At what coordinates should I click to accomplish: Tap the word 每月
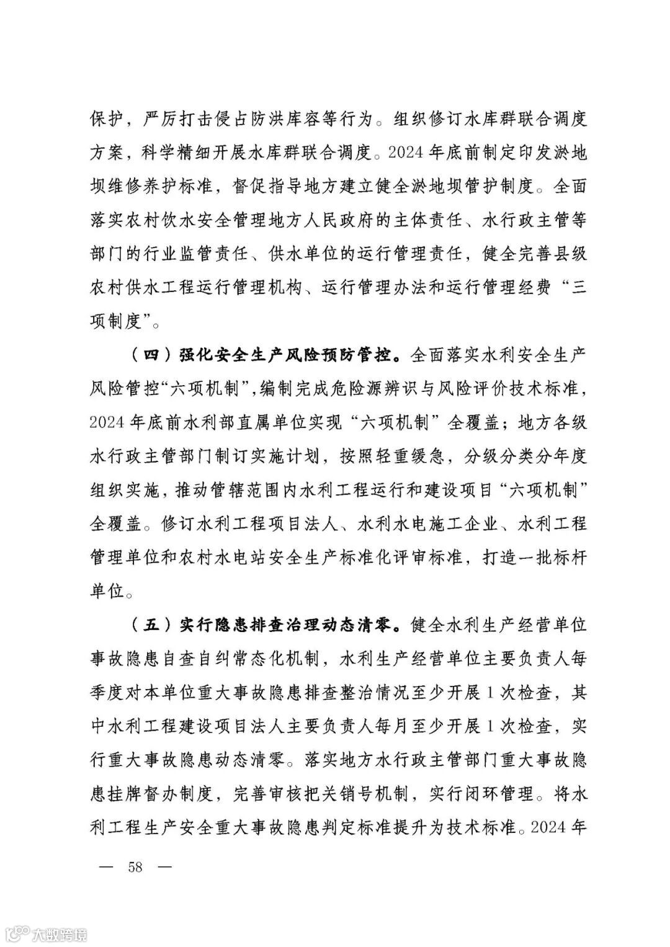[x=400, y=726]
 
